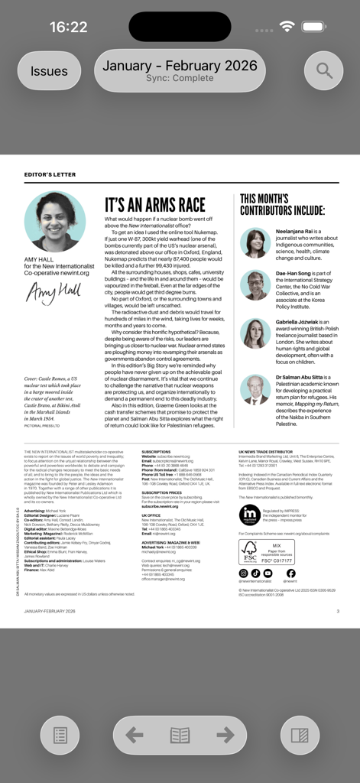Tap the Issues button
(49, 71)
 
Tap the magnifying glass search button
(324, 71)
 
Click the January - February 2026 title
(180, 67)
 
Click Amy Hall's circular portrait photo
(54, 222)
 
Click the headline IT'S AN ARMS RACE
(155, 205)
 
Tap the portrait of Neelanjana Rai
(255, 243)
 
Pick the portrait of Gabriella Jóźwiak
(255, 333)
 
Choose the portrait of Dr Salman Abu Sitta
(255, 389)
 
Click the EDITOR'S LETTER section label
(50, 174)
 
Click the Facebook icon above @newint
(290, 573)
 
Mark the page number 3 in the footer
(338, 611)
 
